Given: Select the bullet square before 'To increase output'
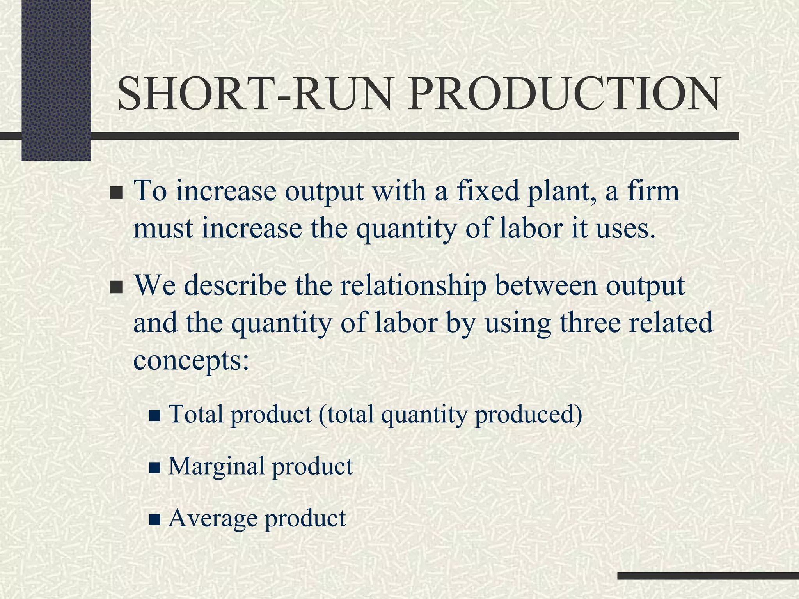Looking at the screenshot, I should coord(116,193).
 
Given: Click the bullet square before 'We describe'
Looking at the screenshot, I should coord(116,288).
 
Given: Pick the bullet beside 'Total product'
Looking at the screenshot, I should coord(155,416).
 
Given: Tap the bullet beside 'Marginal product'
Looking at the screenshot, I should coord(155,468).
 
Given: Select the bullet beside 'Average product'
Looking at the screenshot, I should coord(155,520).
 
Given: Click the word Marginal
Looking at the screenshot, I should coord(216,466).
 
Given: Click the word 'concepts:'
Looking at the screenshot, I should coord(191,360).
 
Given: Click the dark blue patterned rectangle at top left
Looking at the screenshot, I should coord(56,80).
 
